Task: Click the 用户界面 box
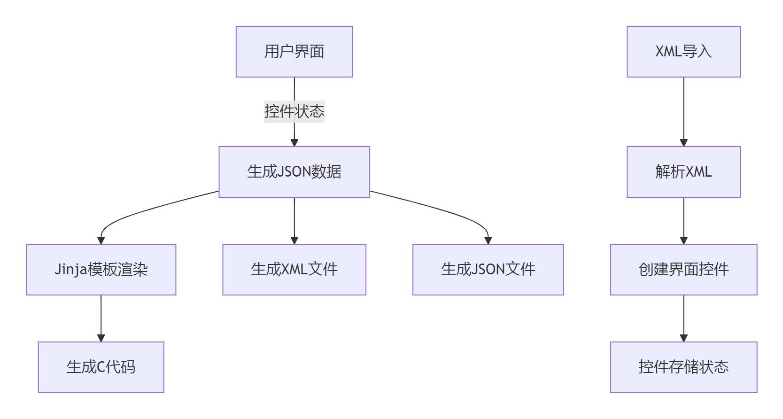[294, 52]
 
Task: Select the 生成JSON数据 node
[294, 172]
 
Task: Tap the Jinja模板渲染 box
[101, 270]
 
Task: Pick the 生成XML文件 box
[294, 270]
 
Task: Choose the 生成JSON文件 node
[488, 270]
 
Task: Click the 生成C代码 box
[101, 367]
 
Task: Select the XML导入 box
[683, 52]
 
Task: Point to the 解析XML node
[683, 172]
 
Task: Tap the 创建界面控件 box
[683, 270]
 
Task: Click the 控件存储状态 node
[683, 367]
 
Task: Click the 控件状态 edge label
[294, 112]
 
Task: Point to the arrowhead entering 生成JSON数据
[295, 143]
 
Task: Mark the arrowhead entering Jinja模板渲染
[101, 240]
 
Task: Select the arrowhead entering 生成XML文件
[295, 240]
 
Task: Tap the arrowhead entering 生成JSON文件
[488, 240]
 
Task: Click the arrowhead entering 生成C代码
[101, 338]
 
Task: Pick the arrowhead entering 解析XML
[684, 143]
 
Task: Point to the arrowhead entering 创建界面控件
[684, 240]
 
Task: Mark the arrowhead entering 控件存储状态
[684, 338]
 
